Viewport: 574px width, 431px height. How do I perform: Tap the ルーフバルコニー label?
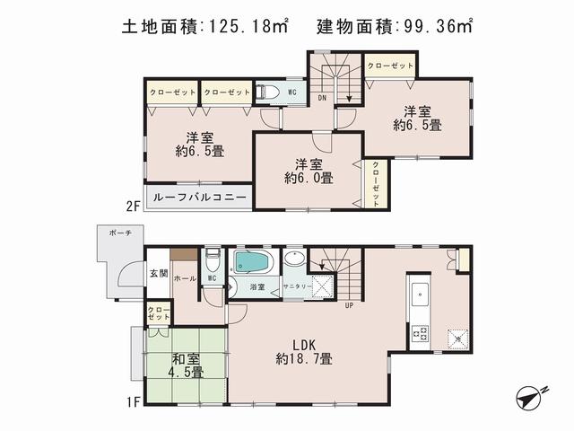coord(198,197)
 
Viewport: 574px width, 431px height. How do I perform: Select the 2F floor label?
coord(132,206)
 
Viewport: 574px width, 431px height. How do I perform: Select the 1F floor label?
coord(132,401)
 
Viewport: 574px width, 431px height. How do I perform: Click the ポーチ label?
coord(121,233)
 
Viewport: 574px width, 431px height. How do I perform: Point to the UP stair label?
coord(348,304)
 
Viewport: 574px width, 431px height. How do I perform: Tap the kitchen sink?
coord(420,294)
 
